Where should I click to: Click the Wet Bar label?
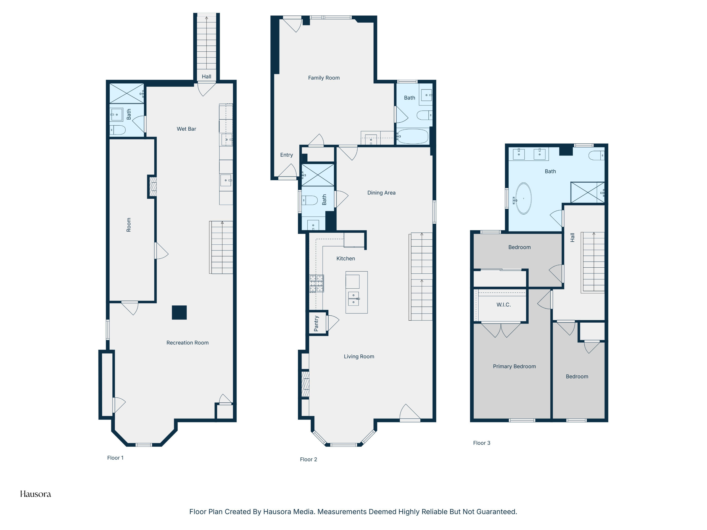(x=186, y=129)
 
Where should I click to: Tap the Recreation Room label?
(x=187, y=343)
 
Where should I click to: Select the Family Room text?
(x=324, y=78)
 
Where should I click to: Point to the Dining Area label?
(x=381, y=193)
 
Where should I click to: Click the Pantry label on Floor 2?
(x=316, y=323)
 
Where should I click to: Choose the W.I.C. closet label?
(x=503, y=305)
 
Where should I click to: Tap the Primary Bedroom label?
(x=514, y=366)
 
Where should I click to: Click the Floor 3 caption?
(x=481, y=443)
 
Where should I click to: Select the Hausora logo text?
(x=35, y=494)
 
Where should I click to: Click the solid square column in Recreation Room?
(x=179, y=313)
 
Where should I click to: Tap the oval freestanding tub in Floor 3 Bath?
(x=524, y=198)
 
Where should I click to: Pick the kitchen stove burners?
(x=316, y=284)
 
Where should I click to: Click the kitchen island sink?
(x=353, y=299)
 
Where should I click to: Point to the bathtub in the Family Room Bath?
(x=412, y=136)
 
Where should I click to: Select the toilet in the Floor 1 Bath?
(x=118, y=130)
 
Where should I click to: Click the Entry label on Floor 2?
(x=286, y=155)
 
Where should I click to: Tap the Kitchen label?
(x=345, y=258)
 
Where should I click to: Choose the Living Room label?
(x=359, y=357)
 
